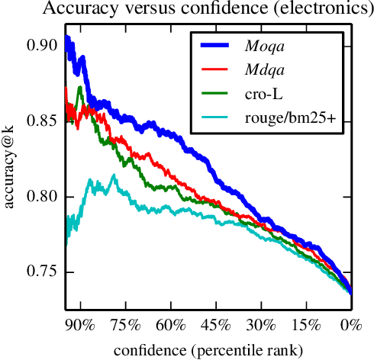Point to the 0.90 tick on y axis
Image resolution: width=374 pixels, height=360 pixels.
tap(43, 46)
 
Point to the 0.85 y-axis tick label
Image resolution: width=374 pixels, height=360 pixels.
tap(43, 121)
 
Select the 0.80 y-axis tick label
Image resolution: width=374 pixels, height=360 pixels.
tap(43, 197)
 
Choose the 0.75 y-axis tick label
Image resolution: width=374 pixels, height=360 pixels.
tap(43, 272)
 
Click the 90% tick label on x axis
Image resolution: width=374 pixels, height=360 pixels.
tap(79, 326)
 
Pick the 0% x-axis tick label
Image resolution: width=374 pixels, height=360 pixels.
tap(351, 326)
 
